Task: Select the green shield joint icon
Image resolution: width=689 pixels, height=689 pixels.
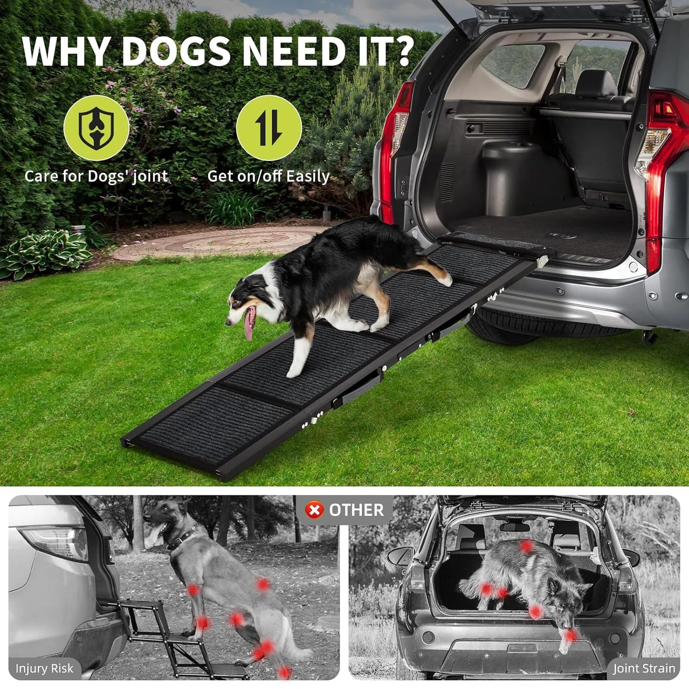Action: [x=96, y=128]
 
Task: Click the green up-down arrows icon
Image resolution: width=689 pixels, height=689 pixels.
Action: [x=269, y=128]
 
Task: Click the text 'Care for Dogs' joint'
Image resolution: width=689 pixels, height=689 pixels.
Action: [x=96, y=176]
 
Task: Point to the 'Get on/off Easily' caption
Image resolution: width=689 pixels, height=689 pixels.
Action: [x=268, y=176]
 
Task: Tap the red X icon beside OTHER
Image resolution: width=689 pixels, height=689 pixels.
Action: [x=314, y=510]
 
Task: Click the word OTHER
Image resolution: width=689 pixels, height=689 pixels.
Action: [x=356, y=510]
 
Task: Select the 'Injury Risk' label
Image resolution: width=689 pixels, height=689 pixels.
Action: [x=44, y=668]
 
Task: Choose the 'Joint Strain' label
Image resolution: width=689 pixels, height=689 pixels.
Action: [x=644, y=668]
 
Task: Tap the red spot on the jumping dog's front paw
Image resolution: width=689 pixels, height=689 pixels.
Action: [x=570, y=635]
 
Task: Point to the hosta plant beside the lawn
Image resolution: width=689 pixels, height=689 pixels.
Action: [x=43, y=253]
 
